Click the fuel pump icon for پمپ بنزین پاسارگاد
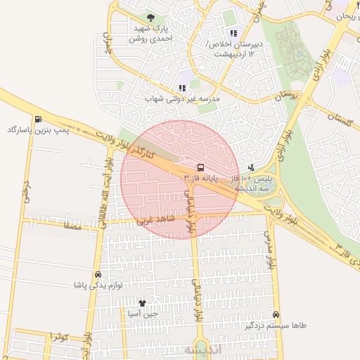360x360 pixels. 37,119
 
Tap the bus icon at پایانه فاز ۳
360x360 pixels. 201,168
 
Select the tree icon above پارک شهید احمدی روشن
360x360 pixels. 150,18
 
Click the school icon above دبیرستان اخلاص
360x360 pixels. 233,33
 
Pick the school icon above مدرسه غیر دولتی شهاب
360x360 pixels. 183,88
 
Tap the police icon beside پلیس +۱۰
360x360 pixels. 252,168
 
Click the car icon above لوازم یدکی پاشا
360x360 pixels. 97,274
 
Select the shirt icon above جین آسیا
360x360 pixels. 143,303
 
